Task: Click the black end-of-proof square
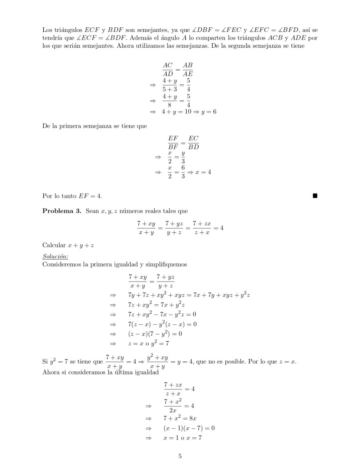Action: point(315,196)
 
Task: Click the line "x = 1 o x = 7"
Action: point(182,438)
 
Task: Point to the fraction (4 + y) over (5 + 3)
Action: point(170,85)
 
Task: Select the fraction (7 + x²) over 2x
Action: point(172,405)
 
